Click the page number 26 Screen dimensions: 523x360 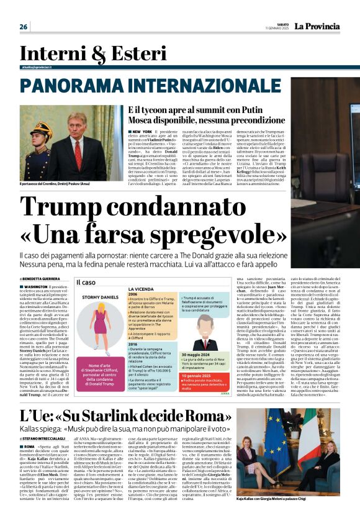coord(24,27)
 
